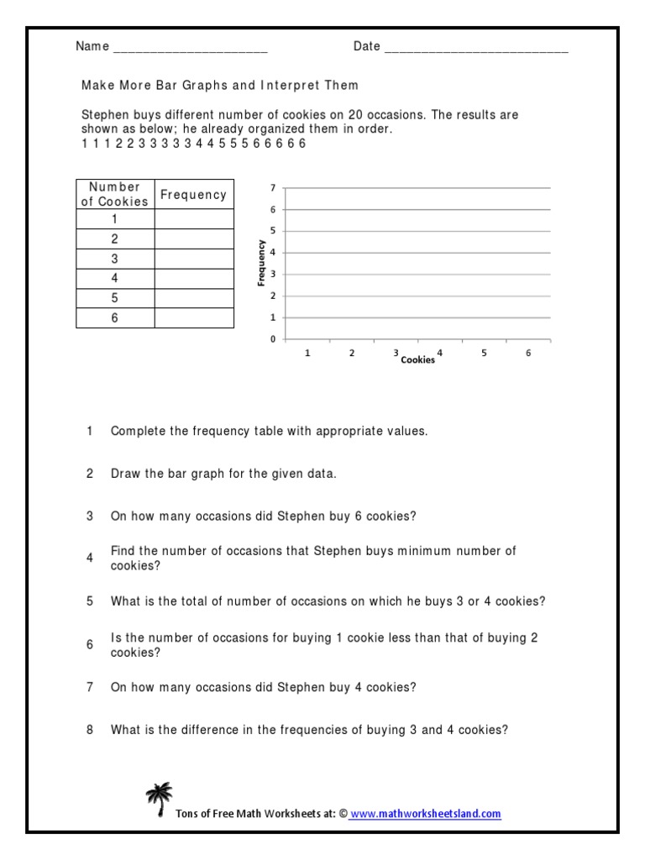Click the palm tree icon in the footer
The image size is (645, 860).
click(x=157, y=799)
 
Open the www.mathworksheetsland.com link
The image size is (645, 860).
click(x=425, y=813)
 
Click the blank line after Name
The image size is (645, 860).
click(x=190, y=47)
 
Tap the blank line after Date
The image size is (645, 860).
click(x=476, y=47)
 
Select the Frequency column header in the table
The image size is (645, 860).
click(x=194, y=195)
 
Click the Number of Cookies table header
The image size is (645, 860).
click(x=115, y=194)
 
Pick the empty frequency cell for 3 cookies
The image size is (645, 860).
click(x=194, y=259)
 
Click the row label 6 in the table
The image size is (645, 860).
click(x=115, y=318)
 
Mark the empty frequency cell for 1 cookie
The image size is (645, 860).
click(x=194, y=219)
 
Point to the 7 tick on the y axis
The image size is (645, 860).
click(x=272, y=187)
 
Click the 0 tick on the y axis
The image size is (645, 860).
click(x=272, y=339)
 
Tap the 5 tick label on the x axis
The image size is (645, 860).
click(x=484, y=354)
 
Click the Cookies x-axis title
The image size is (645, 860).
click(x=417, y=360)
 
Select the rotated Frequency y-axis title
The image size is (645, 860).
click(x=261, y=264)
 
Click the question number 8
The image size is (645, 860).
click(x=90, y=730)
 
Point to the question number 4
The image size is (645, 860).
click(x=90, y=558)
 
